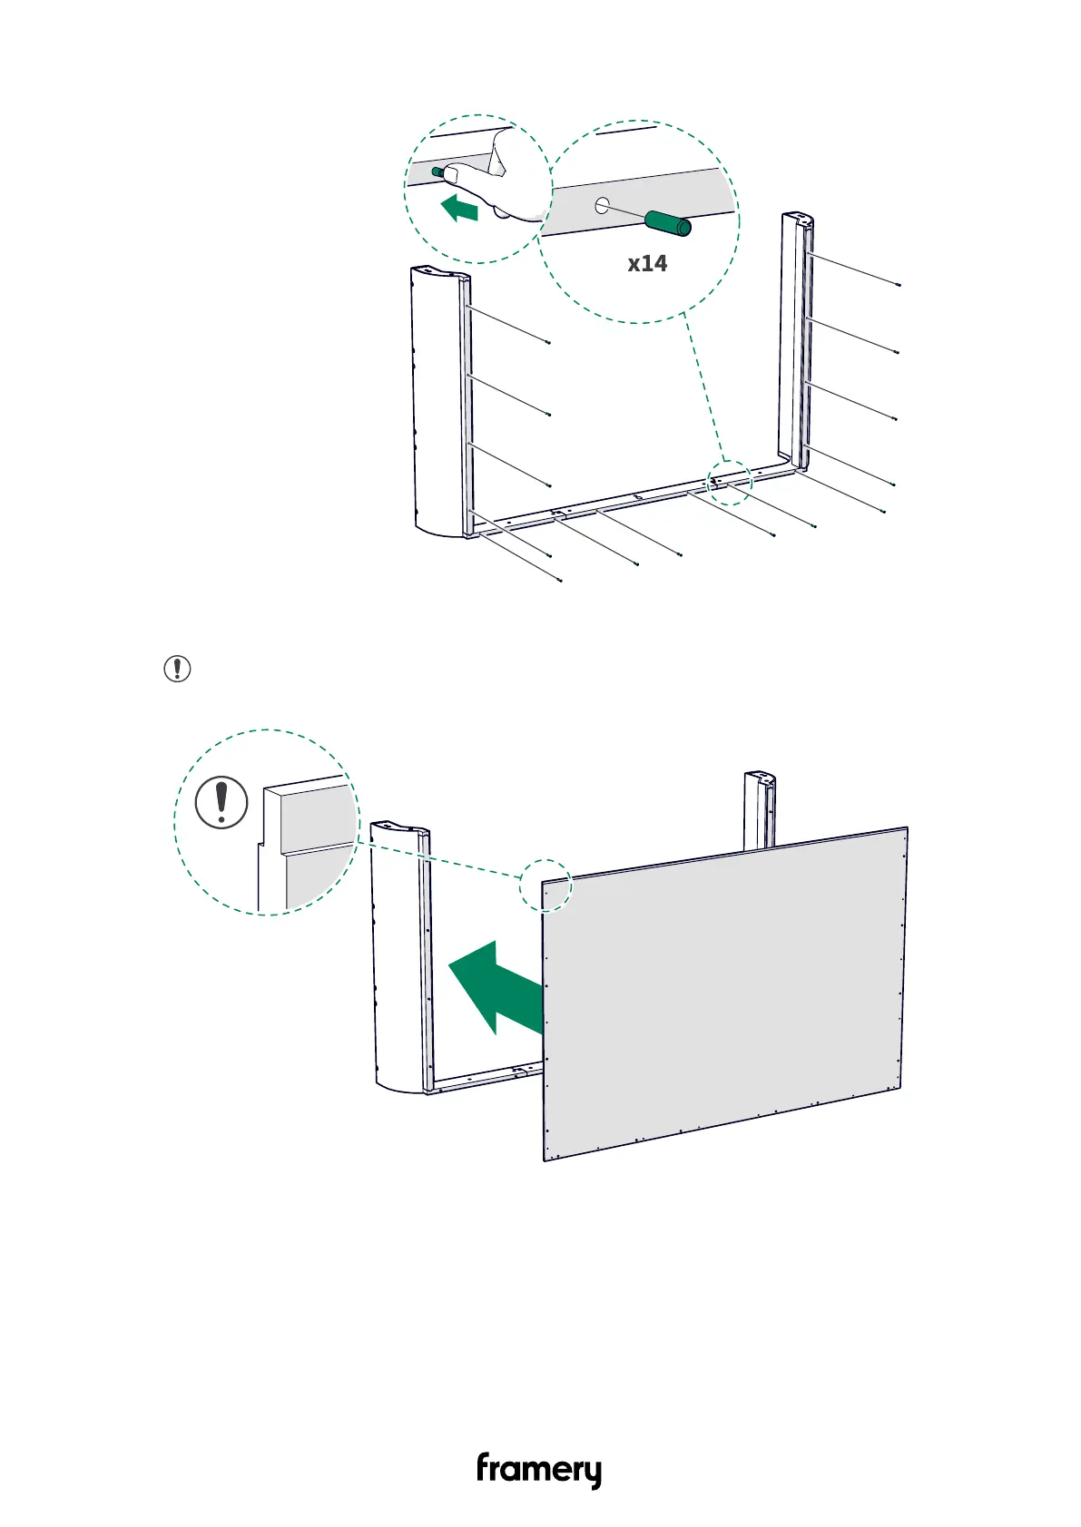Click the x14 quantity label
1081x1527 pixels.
pyautogui.click(x=647, y=263)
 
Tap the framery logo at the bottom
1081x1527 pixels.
pyautogui.click(x=539, y=1470)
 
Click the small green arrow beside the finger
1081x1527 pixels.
pyautogui.click(x=461, y=210)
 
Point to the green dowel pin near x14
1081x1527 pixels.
pyautogui.click(x=668, y=222)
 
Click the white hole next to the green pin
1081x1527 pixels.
pyautogui.click(x=602, y=206)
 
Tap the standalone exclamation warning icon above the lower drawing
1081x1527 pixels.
pyautogui.click(x=177, y=669)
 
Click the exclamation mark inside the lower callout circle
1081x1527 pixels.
pyautogui.click(x=221, y=801)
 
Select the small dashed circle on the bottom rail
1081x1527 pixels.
pyautogui.click(x=730, y=483)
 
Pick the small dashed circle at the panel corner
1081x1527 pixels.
pyautogui.click(x=545, y=885)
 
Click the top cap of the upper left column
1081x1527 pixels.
pyautogui.click(x=440, y=271)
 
